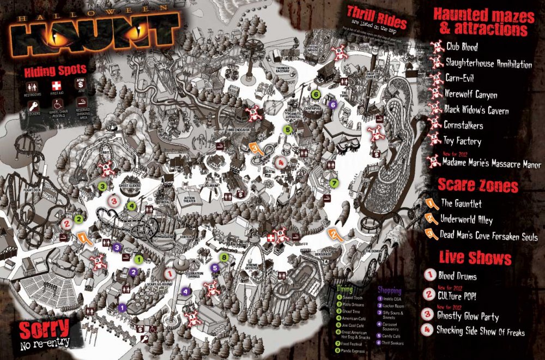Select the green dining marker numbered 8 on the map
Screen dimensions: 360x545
coord(223,256)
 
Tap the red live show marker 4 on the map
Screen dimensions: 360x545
coord(280,162)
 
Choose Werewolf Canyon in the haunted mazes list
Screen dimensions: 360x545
coord(471,94)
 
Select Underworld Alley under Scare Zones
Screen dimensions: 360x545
coord(466,220)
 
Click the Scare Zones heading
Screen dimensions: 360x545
coord(476,187)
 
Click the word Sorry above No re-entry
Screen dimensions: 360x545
coord(45,328)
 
